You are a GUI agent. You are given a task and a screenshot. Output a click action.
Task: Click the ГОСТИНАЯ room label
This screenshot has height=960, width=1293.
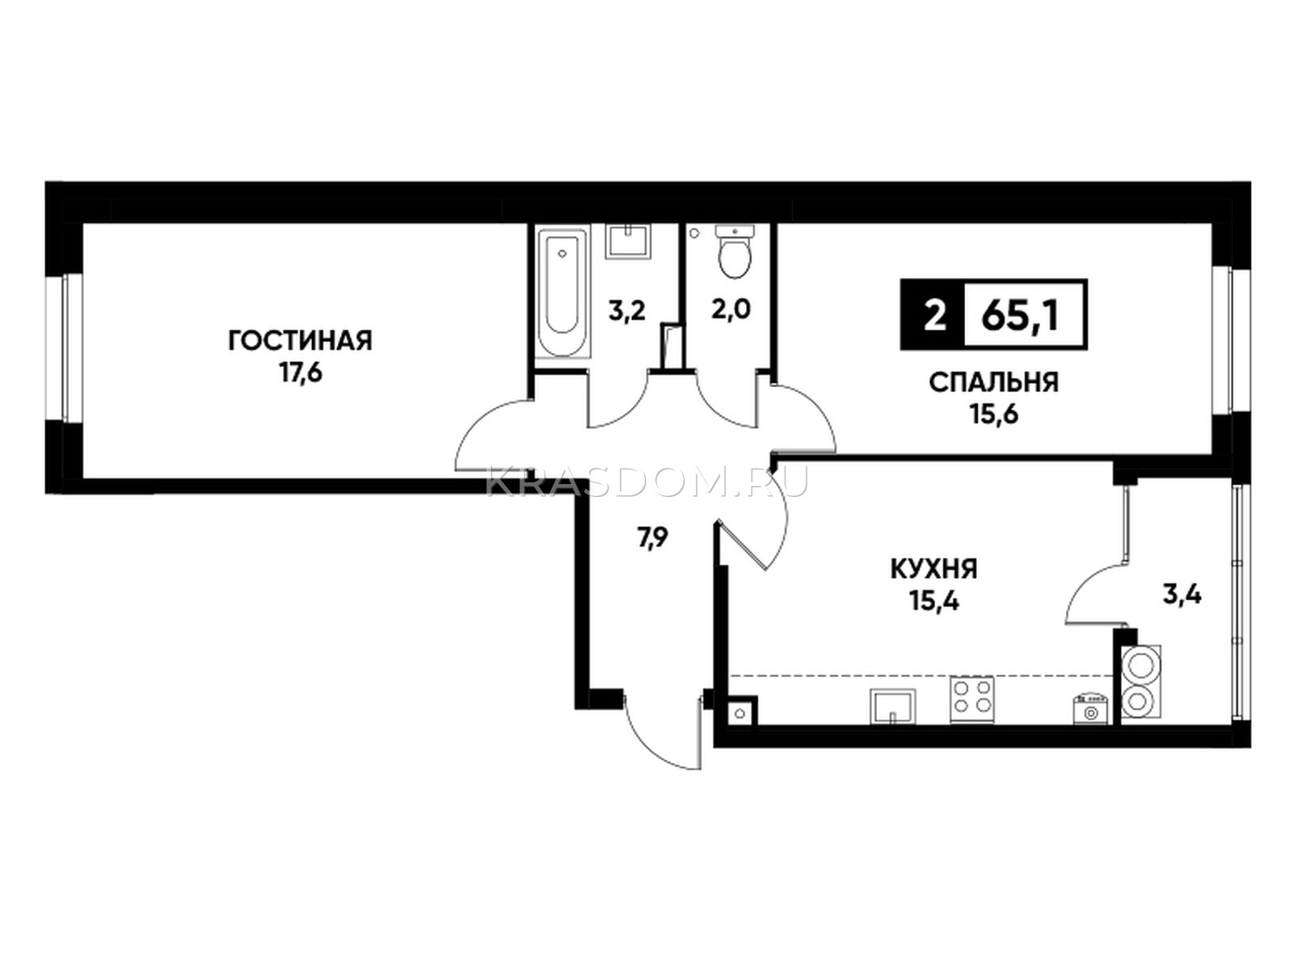(x=300, y=340)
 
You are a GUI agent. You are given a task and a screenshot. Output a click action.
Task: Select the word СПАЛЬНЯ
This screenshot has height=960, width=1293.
(x=993, y=382)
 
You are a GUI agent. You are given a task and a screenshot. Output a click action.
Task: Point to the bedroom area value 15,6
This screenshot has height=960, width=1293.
(x=993, y=415)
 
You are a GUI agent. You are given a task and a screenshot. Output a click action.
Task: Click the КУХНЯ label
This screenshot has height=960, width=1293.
(x=934, y=568)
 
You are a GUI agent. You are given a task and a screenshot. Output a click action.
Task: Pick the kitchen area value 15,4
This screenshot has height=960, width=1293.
(x=934, y=600)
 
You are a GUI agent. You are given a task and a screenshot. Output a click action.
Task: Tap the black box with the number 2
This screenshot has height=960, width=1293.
(x=933, y=315)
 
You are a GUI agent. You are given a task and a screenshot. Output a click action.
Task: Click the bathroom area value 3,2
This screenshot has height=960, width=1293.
(x=627, y=312)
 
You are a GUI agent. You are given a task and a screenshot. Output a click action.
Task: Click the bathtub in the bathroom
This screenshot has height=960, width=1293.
(x=562, y=293)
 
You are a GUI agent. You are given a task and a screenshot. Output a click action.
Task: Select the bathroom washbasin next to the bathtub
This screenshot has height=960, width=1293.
(x=628, y=242)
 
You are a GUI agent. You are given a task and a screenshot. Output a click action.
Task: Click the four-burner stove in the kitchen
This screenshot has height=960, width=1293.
(x=972, y=700)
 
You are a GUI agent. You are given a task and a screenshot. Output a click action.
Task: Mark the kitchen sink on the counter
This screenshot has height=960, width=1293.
(x=892, y=706)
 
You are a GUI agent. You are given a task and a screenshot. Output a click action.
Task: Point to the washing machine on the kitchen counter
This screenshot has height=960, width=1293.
(x=1089, y=708)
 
